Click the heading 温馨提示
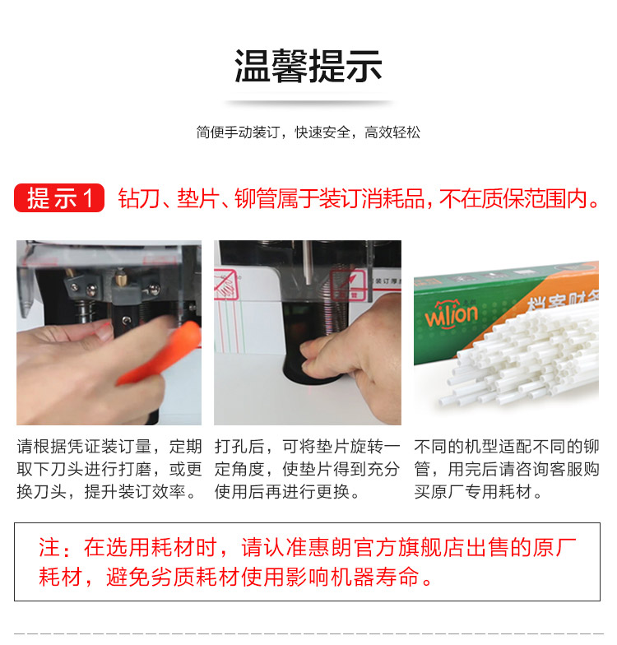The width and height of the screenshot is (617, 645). point(308,66)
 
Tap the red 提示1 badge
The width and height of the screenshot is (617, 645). point(59,197)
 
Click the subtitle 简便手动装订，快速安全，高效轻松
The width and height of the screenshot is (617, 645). point(308,132)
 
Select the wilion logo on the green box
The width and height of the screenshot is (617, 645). point(451,314)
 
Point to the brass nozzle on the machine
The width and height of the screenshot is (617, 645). point(120,278)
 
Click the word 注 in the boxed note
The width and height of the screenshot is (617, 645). point(49,548)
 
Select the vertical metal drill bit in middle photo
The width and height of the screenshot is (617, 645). point(308,262)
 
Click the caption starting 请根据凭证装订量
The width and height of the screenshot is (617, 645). point(109,469)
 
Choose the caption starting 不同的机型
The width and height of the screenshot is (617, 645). point(507,469)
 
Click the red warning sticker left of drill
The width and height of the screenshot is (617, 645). point(225,284)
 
